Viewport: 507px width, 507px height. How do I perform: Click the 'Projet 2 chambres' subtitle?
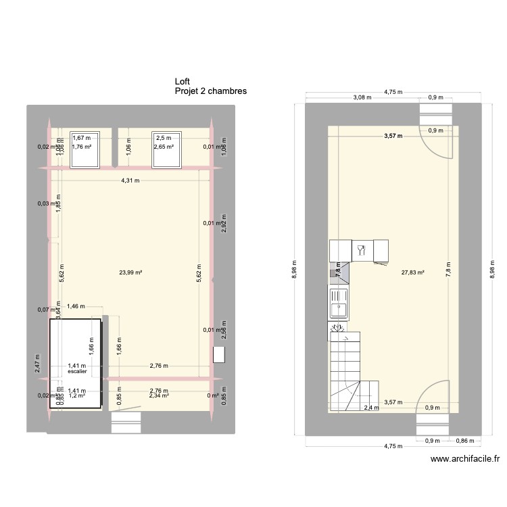210,91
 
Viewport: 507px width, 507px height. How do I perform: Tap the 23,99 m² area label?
130,272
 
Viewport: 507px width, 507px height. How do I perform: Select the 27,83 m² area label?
412,272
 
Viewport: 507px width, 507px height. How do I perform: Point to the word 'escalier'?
77,371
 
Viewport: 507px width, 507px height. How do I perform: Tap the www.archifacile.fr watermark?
465,459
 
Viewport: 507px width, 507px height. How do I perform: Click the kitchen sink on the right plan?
338,303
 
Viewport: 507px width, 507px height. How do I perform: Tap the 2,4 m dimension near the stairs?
370,408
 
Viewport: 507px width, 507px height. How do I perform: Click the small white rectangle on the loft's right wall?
218,356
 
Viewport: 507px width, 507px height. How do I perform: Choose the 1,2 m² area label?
77,396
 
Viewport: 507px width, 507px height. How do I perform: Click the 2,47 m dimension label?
37,364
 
